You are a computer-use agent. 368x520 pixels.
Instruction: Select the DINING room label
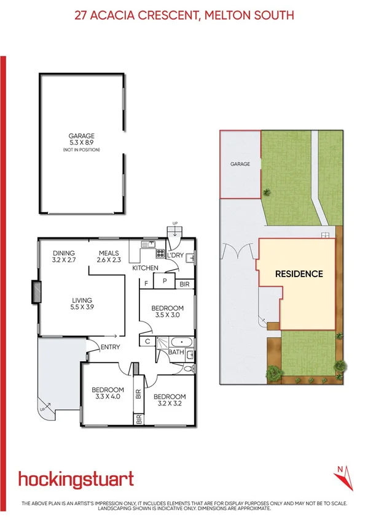63,253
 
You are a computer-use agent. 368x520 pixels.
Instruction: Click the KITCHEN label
145,268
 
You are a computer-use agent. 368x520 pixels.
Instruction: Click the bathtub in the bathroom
182,342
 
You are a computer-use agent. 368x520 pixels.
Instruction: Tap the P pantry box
164,283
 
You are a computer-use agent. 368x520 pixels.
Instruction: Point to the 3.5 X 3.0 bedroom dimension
167,315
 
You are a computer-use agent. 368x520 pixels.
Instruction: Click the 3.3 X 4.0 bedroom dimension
108,397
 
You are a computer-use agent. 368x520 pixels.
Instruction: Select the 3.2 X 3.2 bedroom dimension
169,404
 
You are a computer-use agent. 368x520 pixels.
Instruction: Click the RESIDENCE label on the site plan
299,274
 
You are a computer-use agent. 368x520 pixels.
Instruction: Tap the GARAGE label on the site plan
240,164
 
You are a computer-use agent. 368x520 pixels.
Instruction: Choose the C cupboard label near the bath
148,342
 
